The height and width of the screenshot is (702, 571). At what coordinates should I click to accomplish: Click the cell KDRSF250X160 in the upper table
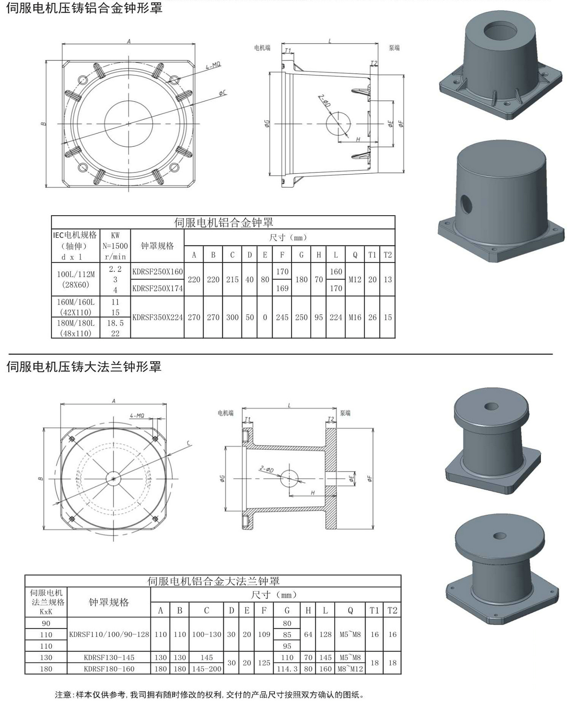(157, 272)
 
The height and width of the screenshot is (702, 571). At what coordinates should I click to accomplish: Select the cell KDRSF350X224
(157, 317)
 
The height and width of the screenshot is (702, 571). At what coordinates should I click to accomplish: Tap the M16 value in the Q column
(355, 317)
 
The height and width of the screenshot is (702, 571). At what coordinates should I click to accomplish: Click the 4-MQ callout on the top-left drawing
(213, 66)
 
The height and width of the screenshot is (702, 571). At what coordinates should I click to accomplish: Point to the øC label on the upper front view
(223, 93)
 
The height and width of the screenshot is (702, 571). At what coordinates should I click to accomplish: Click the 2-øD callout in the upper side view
(324, 100)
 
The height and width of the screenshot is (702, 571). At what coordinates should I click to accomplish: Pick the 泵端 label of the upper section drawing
(394, 48)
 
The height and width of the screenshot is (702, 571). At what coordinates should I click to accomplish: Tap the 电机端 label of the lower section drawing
(226, 413)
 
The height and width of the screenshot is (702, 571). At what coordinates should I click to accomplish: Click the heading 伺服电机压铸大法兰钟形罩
(84, 366)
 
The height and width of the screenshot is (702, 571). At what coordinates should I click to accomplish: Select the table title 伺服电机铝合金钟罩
(223, 222)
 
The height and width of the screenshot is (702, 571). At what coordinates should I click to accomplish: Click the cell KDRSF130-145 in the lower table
(109, 657)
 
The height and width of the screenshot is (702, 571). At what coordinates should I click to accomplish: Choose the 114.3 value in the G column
(287, 669)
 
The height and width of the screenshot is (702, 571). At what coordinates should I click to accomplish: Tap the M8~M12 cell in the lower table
(350, 669)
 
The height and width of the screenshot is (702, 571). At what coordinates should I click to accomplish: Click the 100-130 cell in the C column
(206, 634)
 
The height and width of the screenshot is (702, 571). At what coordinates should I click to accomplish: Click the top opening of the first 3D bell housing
(502, 31)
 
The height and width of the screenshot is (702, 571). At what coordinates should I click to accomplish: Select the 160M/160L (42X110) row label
(75, 307)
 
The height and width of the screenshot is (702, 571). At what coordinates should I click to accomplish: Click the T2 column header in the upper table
(387, 255)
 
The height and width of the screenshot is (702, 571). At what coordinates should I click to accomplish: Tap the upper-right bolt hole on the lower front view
(155, 439)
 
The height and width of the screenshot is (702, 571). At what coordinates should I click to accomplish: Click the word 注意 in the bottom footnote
(63, 694)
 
